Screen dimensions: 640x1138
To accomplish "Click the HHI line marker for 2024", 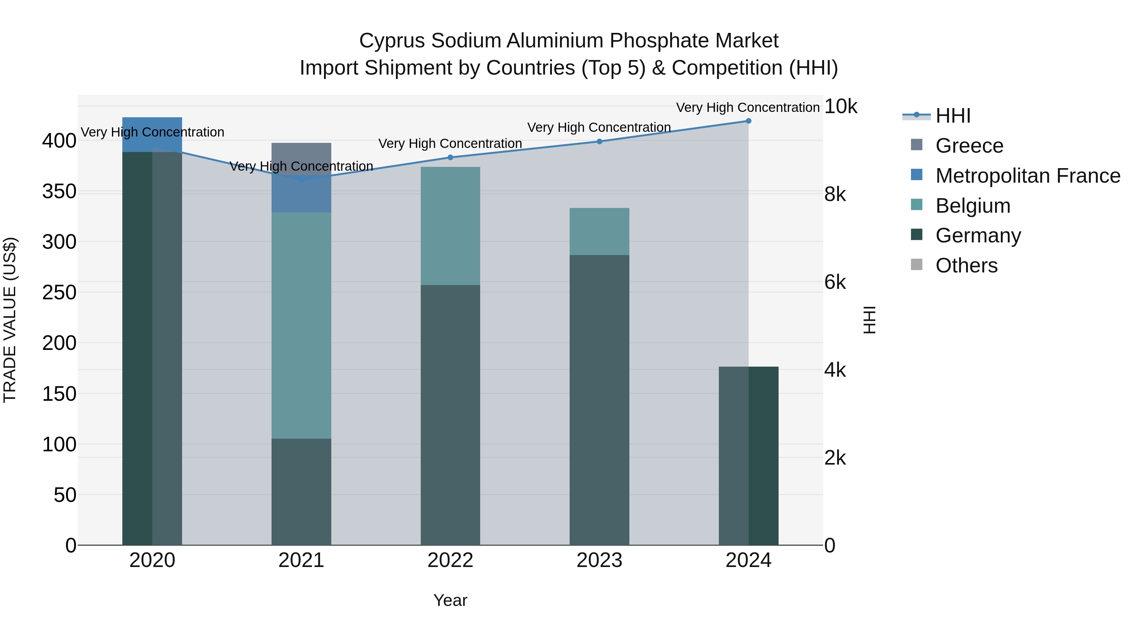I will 748,121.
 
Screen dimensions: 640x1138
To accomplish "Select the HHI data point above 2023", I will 599,141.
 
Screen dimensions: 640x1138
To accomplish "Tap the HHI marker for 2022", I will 450,157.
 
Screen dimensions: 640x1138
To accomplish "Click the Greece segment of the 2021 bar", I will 301,152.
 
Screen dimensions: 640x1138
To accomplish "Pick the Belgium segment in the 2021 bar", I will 301,325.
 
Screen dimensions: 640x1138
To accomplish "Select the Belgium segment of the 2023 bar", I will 599,231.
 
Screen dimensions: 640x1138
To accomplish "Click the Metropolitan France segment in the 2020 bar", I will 152,134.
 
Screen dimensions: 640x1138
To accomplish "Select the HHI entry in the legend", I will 953,116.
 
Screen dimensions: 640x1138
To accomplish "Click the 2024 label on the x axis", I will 748,560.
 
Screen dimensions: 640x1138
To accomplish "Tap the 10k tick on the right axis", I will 841,107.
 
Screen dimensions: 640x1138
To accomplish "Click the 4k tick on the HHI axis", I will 835,370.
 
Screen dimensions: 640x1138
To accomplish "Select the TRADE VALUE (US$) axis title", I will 10,320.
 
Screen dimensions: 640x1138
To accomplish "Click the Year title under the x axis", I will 450,600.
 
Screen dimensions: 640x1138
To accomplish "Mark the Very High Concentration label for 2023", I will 599,127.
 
